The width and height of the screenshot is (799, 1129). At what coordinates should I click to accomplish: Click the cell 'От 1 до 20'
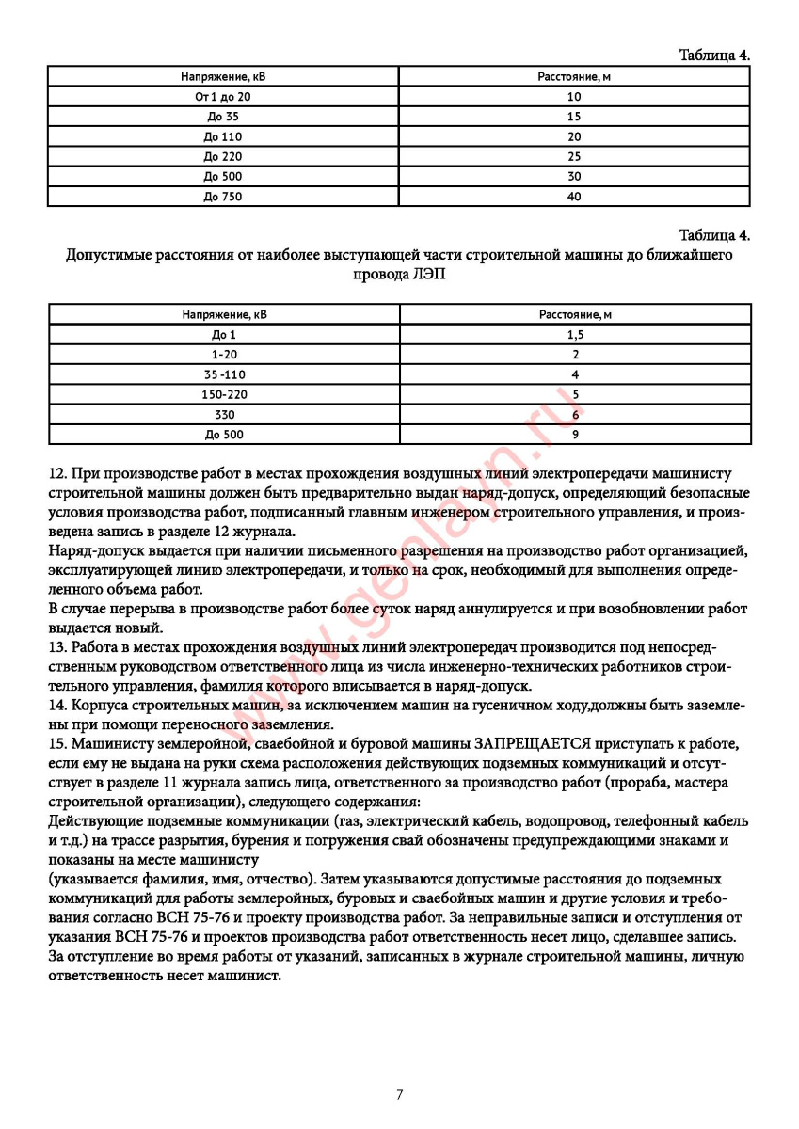click(223, 96)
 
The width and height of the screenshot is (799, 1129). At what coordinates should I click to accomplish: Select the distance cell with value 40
click(574, 197)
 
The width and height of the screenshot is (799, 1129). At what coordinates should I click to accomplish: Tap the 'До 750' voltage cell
click(223, 197)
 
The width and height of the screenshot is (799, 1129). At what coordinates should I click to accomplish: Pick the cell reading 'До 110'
click(223, 136)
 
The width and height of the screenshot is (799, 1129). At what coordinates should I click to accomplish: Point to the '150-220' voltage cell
click(223, 394)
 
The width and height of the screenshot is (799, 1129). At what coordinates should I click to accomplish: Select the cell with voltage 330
click(223, 414)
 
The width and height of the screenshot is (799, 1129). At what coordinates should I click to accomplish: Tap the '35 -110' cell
click(223, 374)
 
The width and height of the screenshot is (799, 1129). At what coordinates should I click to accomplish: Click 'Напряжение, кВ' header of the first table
click(223, 75)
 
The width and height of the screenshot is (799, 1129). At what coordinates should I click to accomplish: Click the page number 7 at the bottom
click(400, 1094)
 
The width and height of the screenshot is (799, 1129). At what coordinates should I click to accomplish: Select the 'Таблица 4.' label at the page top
click(714, 56)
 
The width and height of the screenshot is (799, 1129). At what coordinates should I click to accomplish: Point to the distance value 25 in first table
click(574, 156)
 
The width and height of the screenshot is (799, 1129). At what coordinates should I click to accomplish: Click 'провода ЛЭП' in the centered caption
click(399, 274)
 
